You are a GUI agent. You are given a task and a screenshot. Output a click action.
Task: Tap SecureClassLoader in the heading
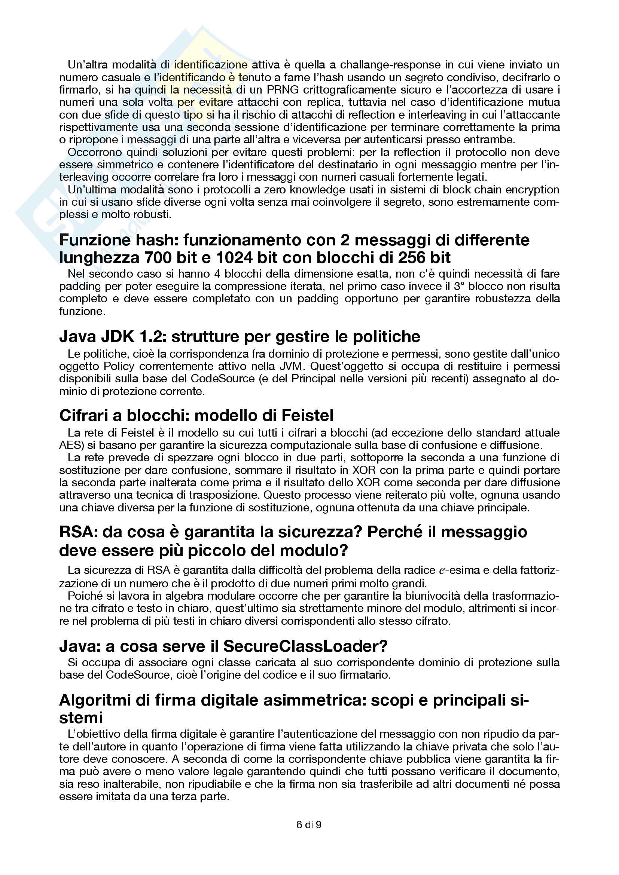pos(305,646)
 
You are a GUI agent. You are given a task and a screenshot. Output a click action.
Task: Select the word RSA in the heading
pos(74,532)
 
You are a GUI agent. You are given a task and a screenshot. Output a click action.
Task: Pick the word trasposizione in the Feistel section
pos(226,495)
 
